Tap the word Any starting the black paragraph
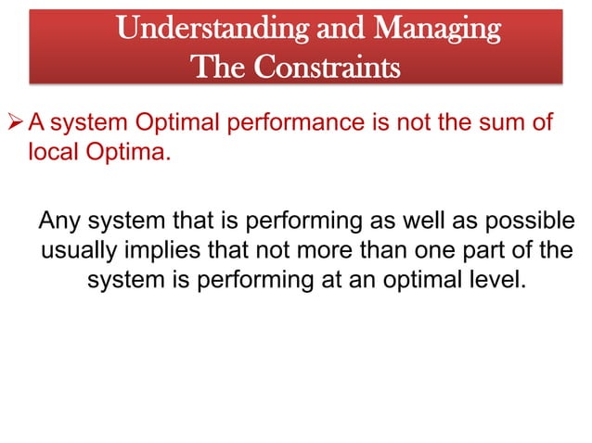[x=60, y=222]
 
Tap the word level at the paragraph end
[x=491, y=280]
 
